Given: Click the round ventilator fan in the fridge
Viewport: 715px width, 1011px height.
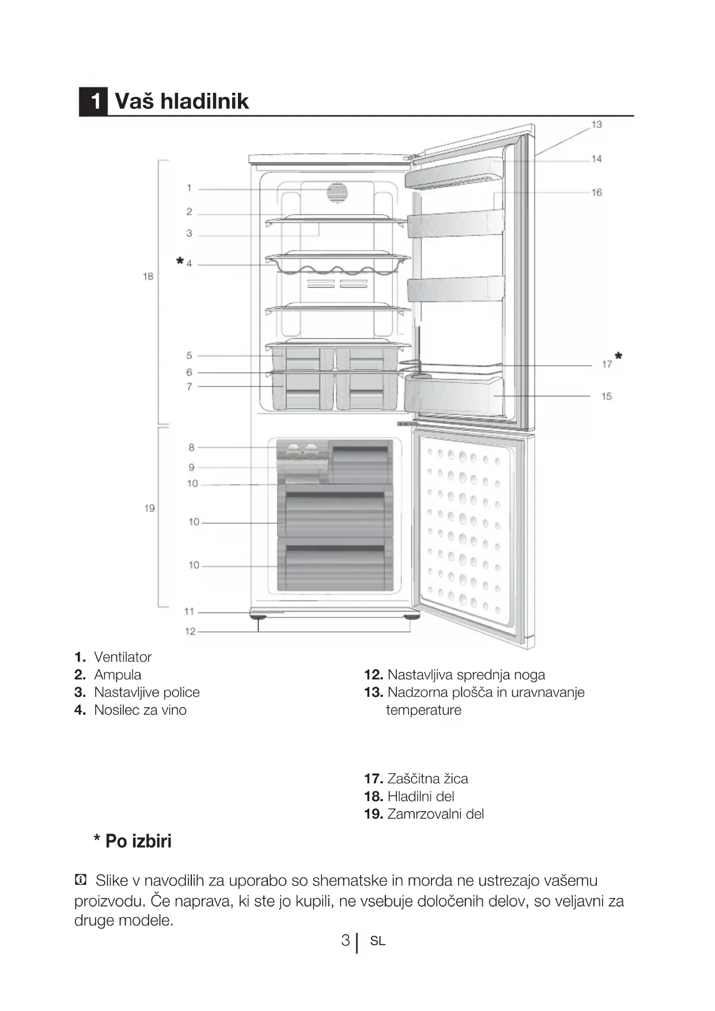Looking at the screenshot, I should pos(338,193).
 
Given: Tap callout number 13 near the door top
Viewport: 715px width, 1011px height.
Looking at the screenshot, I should pos(596,124).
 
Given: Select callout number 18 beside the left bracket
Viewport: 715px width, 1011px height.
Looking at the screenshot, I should pos(148,277).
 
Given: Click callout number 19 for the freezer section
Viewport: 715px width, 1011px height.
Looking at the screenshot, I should pos(149,508).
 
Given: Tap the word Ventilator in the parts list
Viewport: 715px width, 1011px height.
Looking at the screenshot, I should pos(123,657).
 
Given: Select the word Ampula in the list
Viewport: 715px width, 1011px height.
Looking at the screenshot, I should pos(118,675).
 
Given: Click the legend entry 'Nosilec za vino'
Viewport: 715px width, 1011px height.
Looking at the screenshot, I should pos(140,710).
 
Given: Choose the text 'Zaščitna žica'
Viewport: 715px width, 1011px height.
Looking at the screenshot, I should pos(428,779).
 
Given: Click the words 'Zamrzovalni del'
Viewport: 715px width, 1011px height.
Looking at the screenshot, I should pos(436,814).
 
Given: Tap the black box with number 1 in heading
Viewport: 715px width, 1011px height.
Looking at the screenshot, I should pos(93,101).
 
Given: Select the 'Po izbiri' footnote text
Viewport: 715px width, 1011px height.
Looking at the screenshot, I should pos(138,842).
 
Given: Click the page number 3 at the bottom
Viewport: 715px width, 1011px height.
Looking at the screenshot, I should pos(345,941).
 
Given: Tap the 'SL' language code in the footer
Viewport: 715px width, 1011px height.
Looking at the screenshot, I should pos(378,941).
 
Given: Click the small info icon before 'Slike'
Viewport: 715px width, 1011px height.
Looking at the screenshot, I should pos(81,880).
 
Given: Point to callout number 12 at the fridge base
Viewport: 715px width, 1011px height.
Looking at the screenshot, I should pos(190,632).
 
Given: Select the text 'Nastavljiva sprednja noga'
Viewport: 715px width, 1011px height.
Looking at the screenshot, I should pos(466,675).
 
